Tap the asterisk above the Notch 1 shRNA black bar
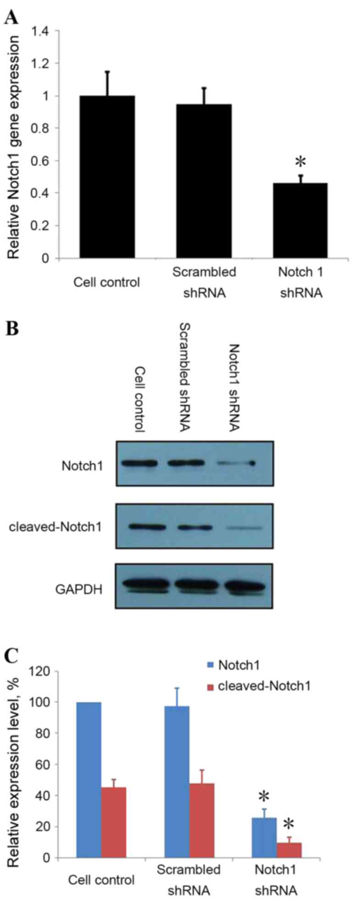300,162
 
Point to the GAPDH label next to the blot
79,588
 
